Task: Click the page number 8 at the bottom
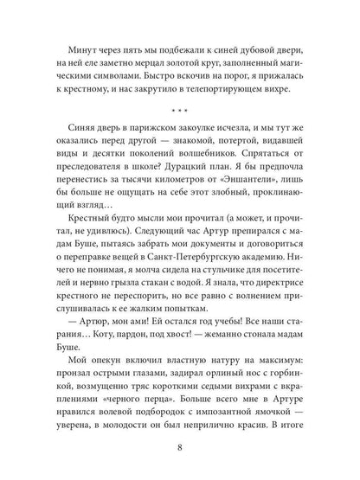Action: (x=180, y=448)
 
